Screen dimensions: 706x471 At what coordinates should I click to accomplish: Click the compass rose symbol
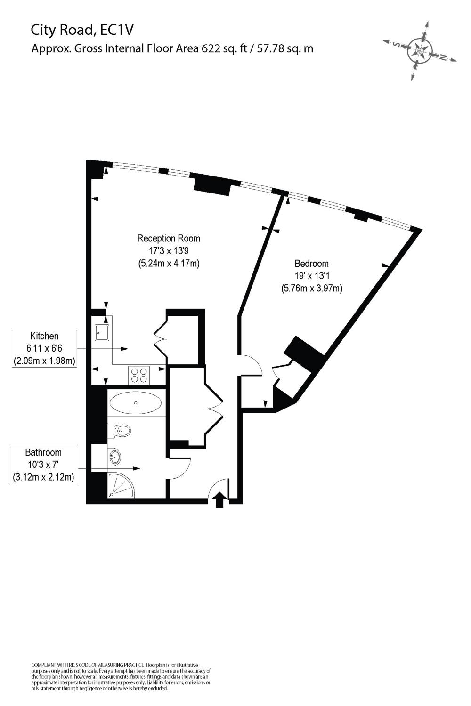tap(419, 50)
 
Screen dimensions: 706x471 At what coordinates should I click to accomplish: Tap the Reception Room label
tap(169, 238)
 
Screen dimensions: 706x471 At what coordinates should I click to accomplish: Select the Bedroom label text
tap(311, 264)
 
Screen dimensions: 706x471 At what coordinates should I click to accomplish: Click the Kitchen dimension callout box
tap(44, 349)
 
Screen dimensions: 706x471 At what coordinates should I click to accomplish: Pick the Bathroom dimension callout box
tap(43, 465)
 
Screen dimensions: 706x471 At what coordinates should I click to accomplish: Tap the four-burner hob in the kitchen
tap(139, 375)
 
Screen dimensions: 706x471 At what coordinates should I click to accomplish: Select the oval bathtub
tap(136, 402)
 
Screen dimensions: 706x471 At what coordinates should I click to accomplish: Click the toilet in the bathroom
tap(122, 430)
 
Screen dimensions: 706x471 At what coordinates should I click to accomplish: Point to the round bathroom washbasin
tap(114, 456)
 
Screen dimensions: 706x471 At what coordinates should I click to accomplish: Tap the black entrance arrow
tap(219, 500)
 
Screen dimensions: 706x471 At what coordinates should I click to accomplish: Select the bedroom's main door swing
tap(251, 365)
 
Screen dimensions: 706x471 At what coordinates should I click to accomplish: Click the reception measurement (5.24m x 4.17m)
tap(169, 264)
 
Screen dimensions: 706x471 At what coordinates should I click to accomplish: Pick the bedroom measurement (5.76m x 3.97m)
tap(311, 288)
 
